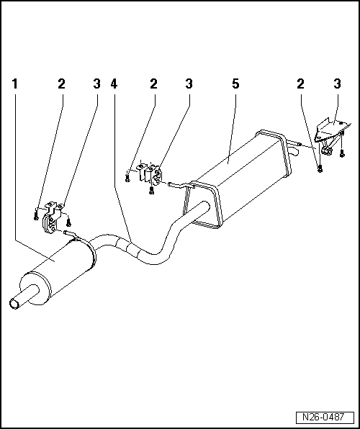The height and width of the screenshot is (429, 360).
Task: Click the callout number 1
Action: click(15, 84)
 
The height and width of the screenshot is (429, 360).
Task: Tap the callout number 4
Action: click(114, 84)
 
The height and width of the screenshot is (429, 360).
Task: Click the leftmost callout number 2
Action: click(61, 84)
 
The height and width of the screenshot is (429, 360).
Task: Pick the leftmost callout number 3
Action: click(96, 84)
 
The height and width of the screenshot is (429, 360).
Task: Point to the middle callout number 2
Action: click(153, 84)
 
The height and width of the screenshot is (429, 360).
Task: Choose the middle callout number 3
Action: click(189, 84)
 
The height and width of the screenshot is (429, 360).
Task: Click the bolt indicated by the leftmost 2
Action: click(35, 213)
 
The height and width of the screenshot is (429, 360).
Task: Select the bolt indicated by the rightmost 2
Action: click(320, 168)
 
